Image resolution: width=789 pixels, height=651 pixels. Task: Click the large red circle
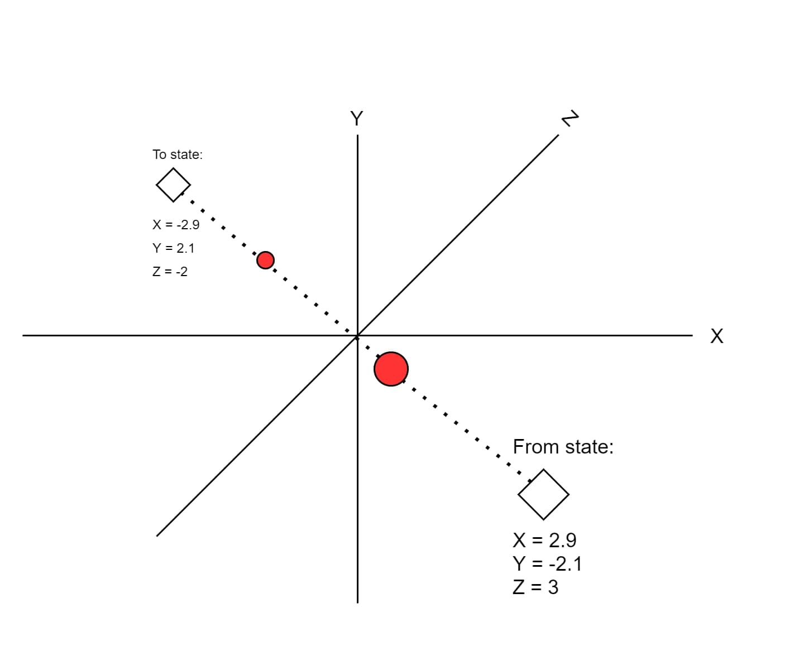click(x=391, y=369)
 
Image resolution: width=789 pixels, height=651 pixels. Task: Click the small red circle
click(x=265, y=260)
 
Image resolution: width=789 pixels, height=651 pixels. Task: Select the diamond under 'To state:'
click(x=173, y=185)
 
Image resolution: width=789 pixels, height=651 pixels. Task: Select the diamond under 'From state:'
click(x=543, y=494)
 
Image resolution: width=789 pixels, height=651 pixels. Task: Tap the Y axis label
click(x=356, y=118)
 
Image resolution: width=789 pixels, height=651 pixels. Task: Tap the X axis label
click(x=717, y=336)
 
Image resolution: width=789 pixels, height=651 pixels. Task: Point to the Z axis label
click(x=570, y=119)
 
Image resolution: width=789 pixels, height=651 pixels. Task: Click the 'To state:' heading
click(x=178, y=155)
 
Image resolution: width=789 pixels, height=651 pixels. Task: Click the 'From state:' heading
click(x=563, y=447)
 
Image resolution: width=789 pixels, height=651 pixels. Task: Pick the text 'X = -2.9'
click(x=176, y=225)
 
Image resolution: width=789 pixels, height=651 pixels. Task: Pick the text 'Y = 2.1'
click(x=174, y=248)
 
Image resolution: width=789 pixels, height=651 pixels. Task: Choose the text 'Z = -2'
click(x=170, y=272)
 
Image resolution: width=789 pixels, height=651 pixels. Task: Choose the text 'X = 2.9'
click(x=544, y=540)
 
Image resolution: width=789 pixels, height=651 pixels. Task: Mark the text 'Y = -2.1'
click(x=547, y=564)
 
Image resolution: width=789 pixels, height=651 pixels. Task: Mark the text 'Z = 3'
click(x=535, y=587)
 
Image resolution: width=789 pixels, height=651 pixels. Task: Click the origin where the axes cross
click(x=357, y=336)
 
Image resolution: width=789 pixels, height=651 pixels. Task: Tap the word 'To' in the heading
click(x=160, y=155)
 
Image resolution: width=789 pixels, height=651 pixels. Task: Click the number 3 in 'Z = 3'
click(x=553, y=587)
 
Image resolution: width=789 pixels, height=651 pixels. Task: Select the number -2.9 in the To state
click(x=188, y=225)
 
